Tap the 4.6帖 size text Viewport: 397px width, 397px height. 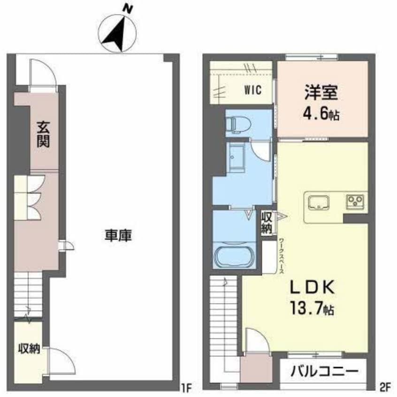click(321, 114)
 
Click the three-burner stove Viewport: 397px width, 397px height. click(355, 201)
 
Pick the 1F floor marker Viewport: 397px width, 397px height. click(187, 387)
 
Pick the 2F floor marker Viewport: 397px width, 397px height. click(385, 387)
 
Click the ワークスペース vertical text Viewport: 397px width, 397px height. click(281, 256)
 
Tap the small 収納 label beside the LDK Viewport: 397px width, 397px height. click(267, 223)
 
